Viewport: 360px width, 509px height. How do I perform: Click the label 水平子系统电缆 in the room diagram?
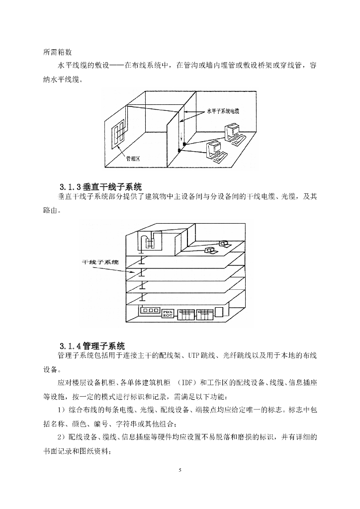224,111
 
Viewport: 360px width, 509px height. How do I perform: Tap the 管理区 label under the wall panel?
134,158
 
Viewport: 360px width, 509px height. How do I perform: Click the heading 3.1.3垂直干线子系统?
101,187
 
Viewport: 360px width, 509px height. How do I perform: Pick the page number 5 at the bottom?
180,469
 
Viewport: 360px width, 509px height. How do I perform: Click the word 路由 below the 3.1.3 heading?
52,211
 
